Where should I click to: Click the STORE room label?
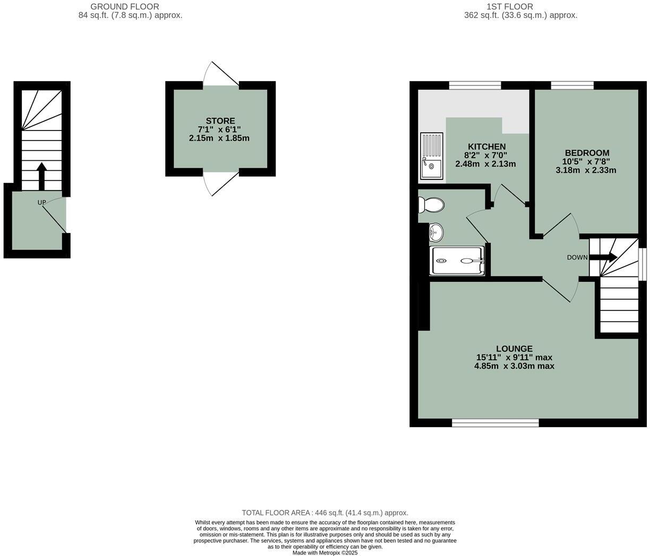220,121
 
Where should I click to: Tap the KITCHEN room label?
486,146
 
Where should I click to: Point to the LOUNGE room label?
514,349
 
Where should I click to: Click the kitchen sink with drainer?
431,155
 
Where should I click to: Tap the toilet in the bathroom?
431,204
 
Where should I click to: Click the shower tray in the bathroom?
457,260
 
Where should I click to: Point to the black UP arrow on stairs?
41,175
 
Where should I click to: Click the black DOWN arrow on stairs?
603,257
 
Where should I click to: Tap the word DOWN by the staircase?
577,258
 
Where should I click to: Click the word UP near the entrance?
42,203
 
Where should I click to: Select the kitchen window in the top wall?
475,85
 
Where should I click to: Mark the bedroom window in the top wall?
572,85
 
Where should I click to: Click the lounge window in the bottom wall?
495,422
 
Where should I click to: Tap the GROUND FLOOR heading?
125,6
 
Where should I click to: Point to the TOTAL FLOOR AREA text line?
325,512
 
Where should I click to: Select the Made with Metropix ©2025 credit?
325,552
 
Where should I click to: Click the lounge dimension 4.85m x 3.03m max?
514,366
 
